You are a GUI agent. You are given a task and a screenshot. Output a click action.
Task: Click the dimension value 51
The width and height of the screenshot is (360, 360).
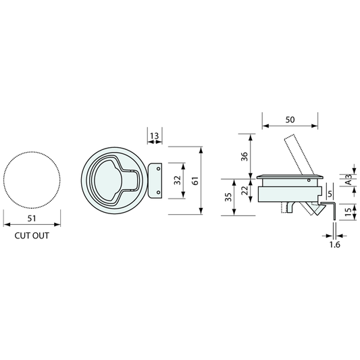point(32,218)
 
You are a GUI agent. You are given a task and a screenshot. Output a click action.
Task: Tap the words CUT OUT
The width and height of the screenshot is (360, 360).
point(32,236)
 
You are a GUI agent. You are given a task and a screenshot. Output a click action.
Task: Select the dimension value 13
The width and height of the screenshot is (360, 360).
point(154,136)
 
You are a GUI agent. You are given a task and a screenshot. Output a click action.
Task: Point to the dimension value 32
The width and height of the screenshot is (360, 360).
point(178,180)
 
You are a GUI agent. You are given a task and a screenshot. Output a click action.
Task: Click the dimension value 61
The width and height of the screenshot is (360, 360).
point(195,181)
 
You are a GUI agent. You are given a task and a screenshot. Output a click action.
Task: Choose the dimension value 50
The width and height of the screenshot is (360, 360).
point(290,120)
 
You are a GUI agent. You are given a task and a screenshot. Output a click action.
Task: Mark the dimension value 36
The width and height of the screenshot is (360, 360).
point(245,156)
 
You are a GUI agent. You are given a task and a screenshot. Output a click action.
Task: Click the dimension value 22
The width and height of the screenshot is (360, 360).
point(245,190)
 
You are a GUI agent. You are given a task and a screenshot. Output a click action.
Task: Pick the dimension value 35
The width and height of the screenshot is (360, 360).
point(228,197)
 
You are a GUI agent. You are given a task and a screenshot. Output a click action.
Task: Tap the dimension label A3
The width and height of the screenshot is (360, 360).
point(349,180)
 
